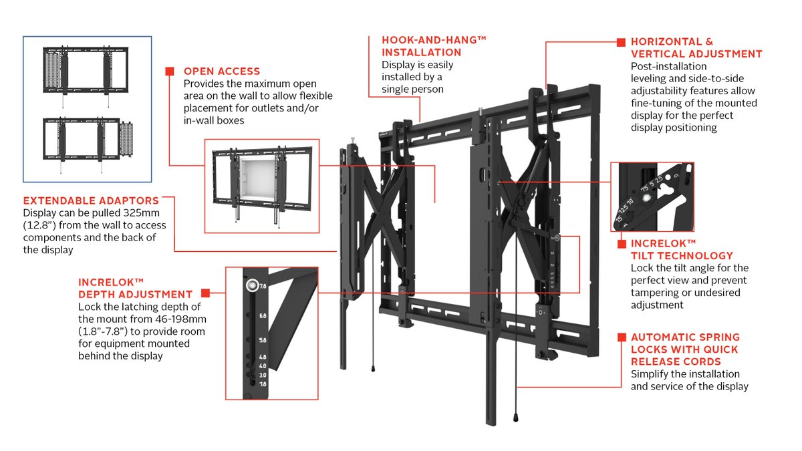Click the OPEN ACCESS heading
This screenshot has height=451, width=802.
coord(222,71)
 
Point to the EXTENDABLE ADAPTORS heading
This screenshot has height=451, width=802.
coord(91,200)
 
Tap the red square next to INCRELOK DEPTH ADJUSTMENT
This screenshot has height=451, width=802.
coord(205,293)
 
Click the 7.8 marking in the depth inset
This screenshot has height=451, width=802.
coord(263,286)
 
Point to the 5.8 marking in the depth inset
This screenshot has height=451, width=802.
coord(263,340)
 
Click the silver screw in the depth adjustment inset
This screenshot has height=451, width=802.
coord(251,285)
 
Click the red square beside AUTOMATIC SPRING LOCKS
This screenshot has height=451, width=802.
coord(622,337)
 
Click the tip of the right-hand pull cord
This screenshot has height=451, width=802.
coord(517,418)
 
